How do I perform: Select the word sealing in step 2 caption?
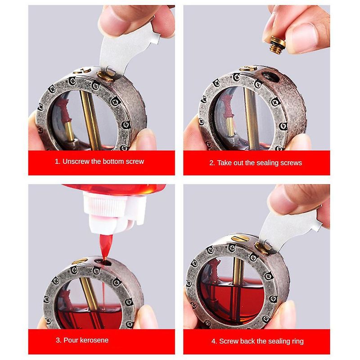267,163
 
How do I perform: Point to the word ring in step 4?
298,342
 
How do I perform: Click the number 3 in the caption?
58,340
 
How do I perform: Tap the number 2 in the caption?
211,163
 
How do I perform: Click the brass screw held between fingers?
277,45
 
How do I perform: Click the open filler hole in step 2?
271,76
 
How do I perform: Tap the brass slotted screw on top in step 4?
240,238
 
